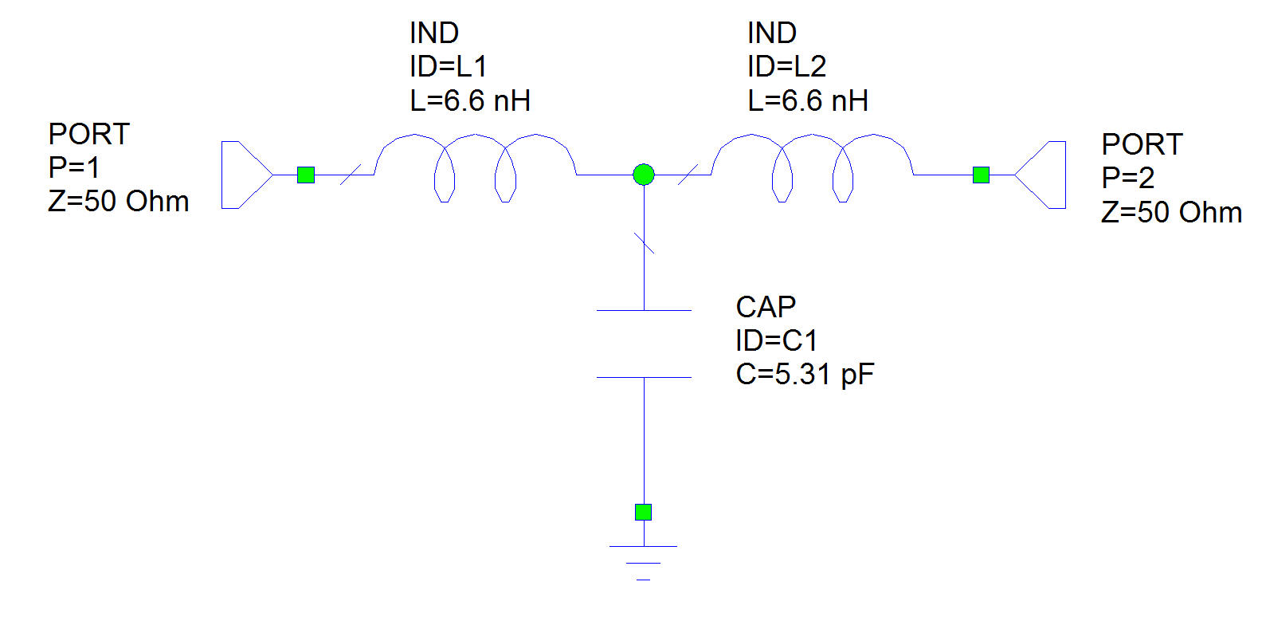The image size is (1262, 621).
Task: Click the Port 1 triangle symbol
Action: point(243,175)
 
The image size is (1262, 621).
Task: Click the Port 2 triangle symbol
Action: point(1044,175)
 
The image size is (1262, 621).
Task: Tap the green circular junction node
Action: point(644,174)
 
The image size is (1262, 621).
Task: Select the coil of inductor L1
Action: point(476,163)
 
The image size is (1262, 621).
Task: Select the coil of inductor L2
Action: point(813,163)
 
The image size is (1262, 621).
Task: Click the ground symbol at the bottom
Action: point(644,558)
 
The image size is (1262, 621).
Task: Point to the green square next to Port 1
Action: point(306,175)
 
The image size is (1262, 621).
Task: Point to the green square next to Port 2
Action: point(981,175)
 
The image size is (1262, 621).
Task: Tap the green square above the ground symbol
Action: point(644,512)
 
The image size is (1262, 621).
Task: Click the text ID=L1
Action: point(448,67)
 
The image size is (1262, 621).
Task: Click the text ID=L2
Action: point(786,67)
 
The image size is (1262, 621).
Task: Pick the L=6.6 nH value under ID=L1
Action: point(470,101)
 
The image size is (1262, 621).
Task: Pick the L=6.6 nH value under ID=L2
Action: point(808,101)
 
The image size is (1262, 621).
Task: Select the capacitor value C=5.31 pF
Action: point(805,374)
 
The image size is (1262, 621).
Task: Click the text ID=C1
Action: point(776,341)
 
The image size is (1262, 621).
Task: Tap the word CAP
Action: point(766,307)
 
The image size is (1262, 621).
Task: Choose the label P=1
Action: point(74,168)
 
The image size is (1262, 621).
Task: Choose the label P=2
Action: point(1127,178)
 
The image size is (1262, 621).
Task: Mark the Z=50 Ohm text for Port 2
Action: point(1171,213)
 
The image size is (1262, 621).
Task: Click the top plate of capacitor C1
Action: point(644,310)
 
